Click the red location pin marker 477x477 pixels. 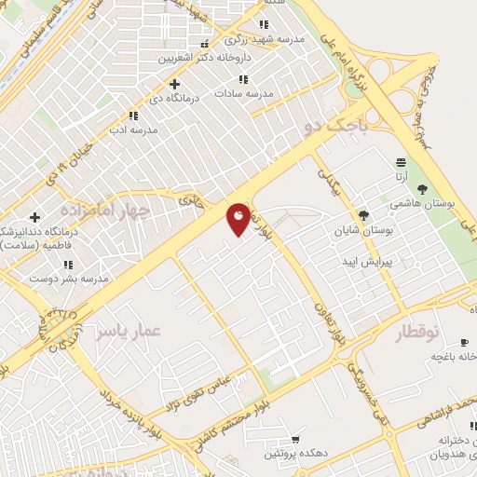pyautogui.click(x=238, y=219)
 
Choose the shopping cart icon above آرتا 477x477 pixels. pyautogui.click(x=400, y=161)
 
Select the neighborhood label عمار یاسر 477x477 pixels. pyautogui.click(x=129, y=333)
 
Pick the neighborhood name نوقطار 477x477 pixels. pyautogui.click(x=423, y=333)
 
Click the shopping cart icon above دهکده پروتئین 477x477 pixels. pyautogui.click(x=295, y=439)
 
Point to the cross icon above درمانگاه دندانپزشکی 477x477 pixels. pyautogui.click(x=34, y=217)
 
